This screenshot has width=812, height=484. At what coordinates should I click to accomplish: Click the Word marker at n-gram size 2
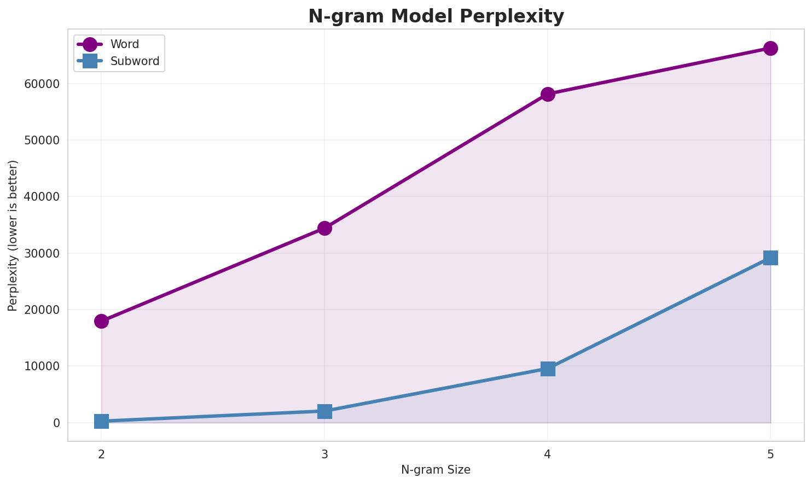point(101,321)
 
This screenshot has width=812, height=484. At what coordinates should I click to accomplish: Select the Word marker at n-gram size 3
point(324,228)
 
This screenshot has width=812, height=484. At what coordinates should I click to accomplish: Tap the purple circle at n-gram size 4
point(548,94)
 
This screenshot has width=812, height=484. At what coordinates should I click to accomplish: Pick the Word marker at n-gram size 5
point(770,48)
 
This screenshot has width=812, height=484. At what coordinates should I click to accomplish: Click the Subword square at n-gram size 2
point(101,421)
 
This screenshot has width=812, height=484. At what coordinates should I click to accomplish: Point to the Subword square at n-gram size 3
point(324,411)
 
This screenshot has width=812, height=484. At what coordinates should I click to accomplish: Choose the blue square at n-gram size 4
point(548,369)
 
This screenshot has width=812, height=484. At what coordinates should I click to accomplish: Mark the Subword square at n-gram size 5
point(770,258)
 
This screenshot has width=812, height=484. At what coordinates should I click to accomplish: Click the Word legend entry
point(124,44)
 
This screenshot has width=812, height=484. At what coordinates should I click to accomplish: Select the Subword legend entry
point(135,61)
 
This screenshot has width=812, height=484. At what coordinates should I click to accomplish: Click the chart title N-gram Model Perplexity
point(436,16)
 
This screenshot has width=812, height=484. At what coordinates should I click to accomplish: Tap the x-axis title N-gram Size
point(436,470)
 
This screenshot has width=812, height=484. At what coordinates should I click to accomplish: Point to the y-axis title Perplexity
point(13,236)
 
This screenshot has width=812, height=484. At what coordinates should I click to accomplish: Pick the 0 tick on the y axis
point(57,423)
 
